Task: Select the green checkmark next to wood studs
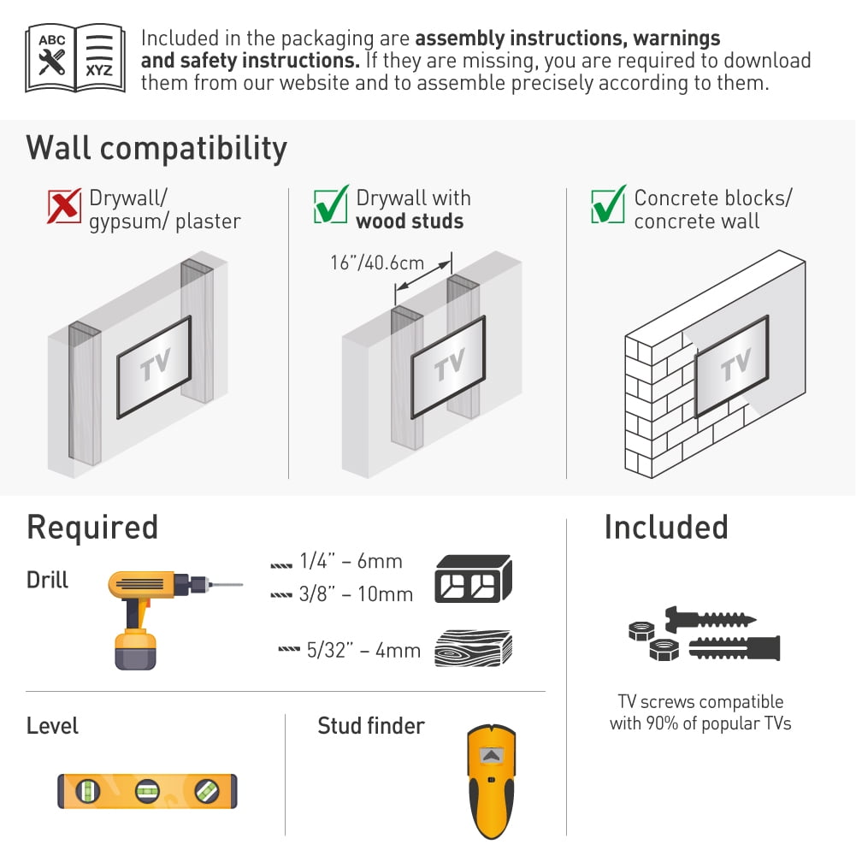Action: [x=332, y=205]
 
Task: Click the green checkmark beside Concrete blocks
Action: [x=608, y=205]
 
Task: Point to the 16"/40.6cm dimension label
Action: [x=377, y=262]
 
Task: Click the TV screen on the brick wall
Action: [x=732, y=365]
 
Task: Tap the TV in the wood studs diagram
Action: [x=448, y=366]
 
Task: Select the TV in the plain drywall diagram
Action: [x=155, y=366]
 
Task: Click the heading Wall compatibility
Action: [x=156, y=148]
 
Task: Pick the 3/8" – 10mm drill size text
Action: [x=356, y=593]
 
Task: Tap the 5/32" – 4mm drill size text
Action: [x=363, y=650]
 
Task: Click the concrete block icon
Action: [x=473, y=579]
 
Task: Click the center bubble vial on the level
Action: [x=147, y=791]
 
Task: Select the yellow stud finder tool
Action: [x=491, y=779]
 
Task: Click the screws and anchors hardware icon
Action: [x=704, y=635]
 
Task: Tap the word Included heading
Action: [x=665, y=527]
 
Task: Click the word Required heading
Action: [x=92, y=527]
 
